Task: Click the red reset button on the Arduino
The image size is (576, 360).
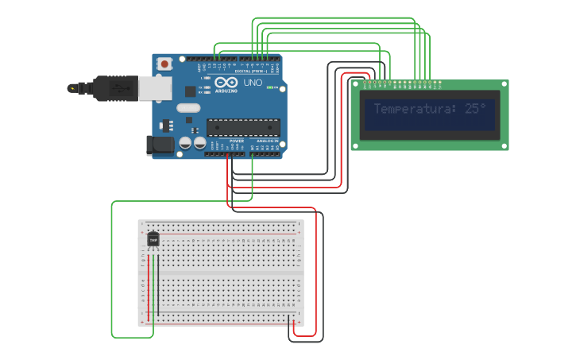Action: click(x=164, y=64)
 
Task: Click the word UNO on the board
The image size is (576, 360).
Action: click(x=253, y=83)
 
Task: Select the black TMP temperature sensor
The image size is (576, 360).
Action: click(x=153, y=238)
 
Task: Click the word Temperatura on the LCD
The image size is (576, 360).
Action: click(x=413, y=108)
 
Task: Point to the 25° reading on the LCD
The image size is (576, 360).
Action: click(x=475, y=108)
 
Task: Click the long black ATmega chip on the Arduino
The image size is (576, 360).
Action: click(x=243, y=127)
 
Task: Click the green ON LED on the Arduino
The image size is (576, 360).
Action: click(x=272, y=87)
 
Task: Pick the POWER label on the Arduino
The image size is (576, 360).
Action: click(x=237, y=141)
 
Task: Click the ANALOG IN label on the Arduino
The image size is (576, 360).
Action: click(x=268, y=141)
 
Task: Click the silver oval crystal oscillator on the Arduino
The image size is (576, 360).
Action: click(x=187, y=108)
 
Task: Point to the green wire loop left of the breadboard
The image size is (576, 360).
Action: click(x=112, y=270)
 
